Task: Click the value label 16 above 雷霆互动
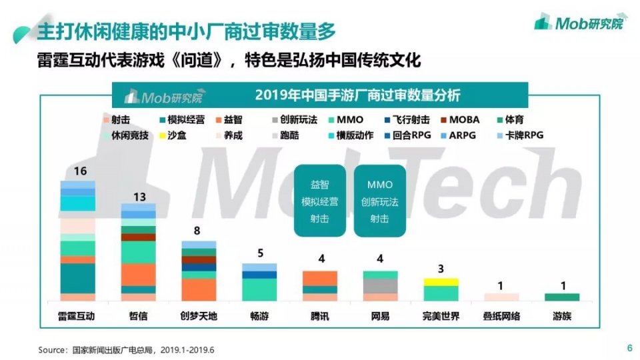point(81,171)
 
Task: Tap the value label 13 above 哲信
point(139,197)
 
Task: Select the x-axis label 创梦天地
point(199,316)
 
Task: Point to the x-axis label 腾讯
point(319,316)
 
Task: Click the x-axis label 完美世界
point(441,316)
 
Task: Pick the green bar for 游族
point(562,297)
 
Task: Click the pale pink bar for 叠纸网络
point(501,297)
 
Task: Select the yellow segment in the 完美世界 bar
point(441,282)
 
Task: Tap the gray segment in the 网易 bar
point(381,286)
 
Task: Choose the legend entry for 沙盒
point(173,135)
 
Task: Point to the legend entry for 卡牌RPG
point(521,135)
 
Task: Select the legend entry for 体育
point(510,119)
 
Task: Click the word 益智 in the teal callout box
point(319,185)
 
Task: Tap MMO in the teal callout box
point(379,185)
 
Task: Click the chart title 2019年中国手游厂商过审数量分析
point(357,95)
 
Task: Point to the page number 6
point(630,348)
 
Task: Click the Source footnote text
point(126,350)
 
